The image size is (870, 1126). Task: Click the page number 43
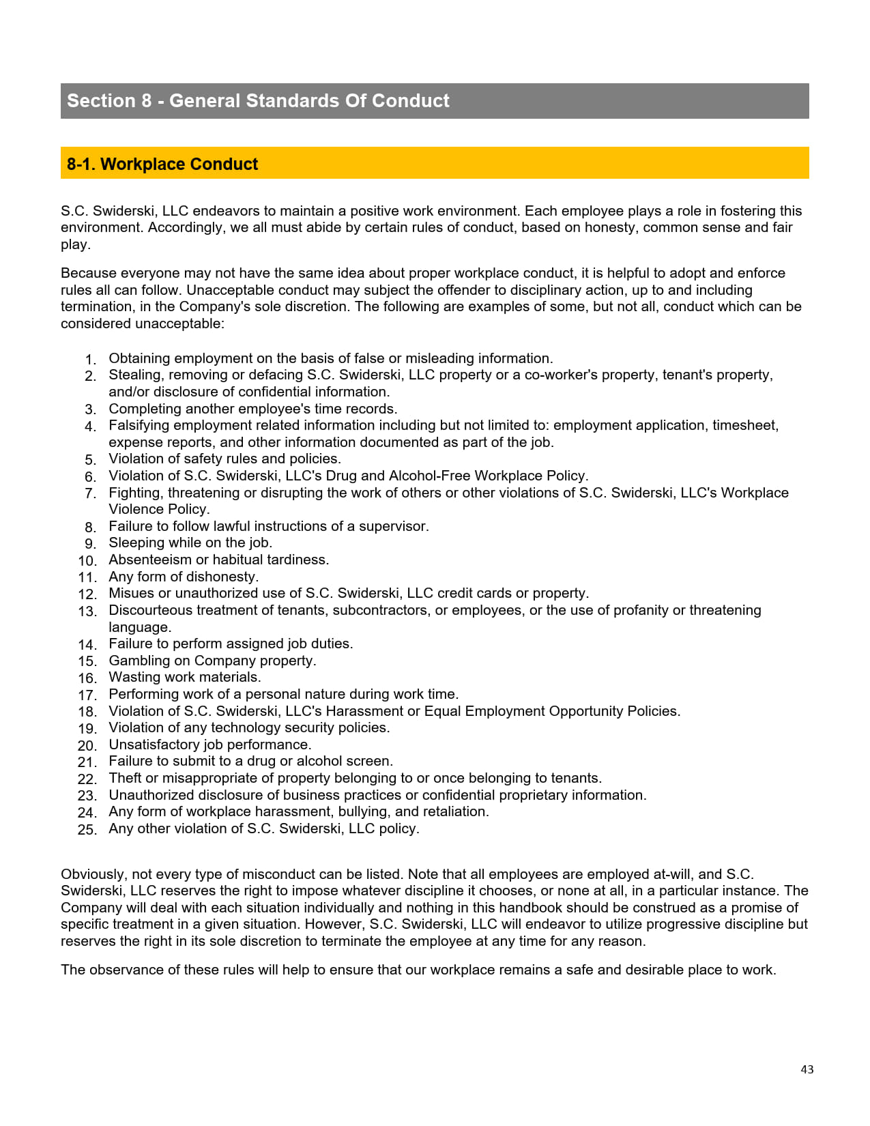tap(807, 1069)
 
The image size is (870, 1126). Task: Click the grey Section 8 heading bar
tap(435, 101)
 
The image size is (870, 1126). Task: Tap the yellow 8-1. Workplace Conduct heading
tap(435, 164)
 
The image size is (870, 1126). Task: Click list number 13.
tap(87, 611)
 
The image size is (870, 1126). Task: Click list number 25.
tap(87, 830)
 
